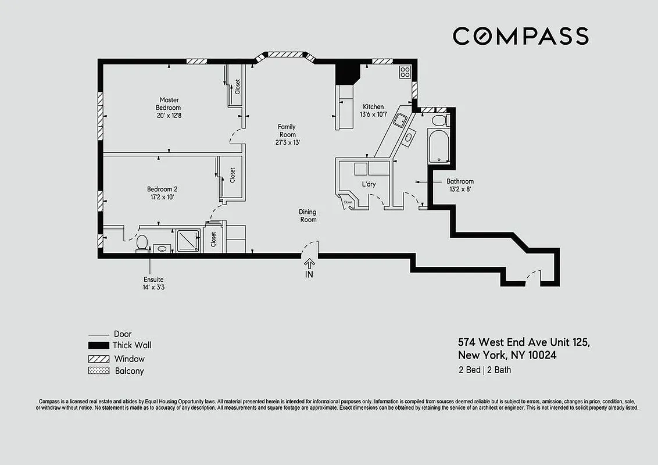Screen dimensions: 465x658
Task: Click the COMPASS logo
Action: [x=520, y=36]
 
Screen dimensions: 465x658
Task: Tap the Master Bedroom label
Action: [x=169, y=104]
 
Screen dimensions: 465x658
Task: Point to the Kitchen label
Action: [x=373, y=106]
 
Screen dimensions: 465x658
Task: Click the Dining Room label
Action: [x=308, y=216]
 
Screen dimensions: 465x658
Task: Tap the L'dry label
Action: [x=369, y=184]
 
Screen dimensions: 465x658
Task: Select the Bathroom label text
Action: [x=460, y=181]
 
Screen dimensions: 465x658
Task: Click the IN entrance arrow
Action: [x=309, y=265]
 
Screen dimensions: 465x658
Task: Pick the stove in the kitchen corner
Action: [x=405, y=73]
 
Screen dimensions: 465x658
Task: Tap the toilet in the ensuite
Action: [x=141, y=243]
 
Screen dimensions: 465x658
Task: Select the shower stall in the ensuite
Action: [x=188, y=240]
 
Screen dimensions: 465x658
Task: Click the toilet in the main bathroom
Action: [x=439, y=120]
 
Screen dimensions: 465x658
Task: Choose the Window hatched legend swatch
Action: [x=98, y=359]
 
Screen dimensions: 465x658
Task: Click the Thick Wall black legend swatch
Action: [x=98, y=345]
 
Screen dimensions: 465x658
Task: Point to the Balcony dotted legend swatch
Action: [x=98, y=371]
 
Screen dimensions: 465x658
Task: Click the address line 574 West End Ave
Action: [x=524, y=342]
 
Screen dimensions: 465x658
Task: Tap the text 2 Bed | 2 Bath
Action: [x=484, y=370]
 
